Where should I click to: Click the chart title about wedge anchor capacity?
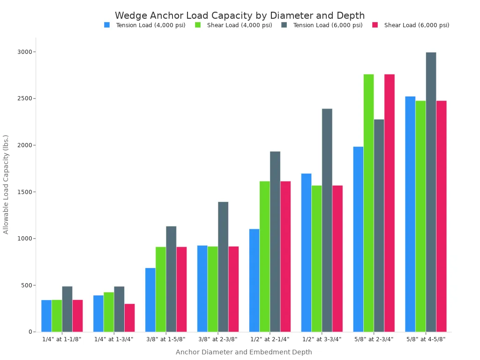click(x=240, y=15)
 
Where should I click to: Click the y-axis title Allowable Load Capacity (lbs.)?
click(x=6, y=184)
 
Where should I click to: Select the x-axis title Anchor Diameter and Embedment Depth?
click(x=244, y=352)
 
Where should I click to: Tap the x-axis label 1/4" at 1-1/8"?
click(x=62, y=339)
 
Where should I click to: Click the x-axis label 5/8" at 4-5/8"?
click(x=426, y=339)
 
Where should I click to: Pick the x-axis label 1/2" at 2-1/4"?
click(x=270, y=339)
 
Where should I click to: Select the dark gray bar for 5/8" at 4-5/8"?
click(x=431, y=192)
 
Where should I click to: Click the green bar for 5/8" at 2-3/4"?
click(x=368, y=203)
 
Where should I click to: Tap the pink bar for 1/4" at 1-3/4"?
click(x=129, y=318)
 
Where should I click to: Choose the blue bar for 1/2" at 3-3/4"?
click(x=306, y=253)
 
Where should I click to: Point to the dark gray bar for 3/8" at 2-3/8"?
click(x=223, y=267)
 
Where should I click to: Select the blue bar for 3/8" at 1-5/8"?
click(x=150, y=300)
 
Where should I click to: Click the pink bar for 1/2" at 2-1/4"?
click(x=285, y=256)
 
